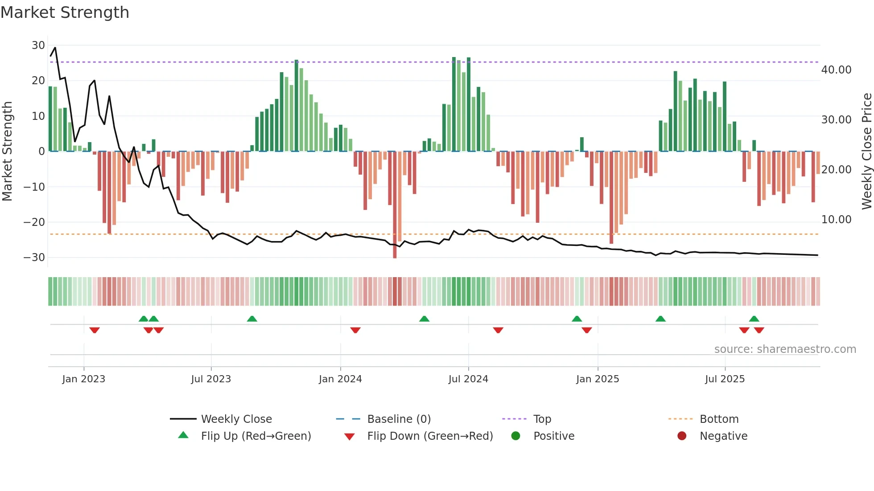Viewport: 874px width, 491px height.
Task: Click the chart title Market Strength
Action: click(65, 12)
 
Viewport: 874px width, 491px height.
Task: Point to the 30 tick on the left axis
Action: click(38, 45)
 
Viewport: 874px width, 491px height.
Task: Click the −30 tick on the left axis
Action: click(34, 258)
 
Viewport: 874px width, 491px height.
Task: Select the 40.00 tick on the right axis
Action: click(836, 70)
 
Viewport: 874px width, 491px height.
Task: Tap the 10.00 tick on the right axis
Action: click(836, 220)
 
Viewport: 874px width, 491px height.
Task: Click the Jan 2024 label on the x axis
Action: click(340, 379)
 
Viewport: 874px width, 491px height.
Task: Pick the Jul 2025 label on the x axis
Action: click(725, 379)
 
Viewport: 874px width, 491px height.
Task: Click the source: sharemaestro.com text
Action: click(785, 349)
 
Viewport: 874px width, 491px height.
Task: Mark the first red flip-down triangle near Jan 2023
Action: click(95, 330)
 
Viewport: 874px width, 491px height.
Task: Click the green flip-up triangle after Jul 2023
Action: click(252, 319)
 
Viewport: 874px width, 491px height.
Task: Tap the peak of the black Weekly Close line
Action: click(55, 48)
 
